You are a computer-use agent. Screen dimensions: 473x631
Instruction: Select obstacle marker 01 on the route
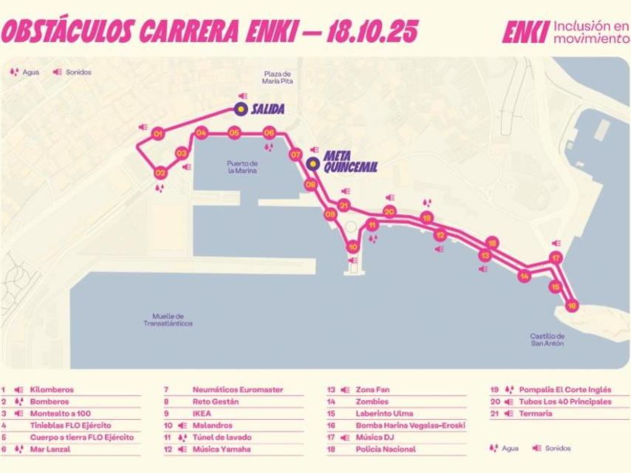157,135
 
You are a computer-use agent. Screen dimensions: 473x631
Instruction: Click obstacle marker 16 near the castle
570,305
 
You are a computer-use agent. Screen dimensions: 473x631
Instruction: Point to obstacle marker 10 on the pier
353,247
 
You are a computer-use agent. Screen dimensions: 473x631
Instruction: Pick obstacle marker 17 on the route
556,258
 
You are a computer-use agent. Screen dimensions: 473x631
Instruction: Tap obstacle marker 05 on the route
234,134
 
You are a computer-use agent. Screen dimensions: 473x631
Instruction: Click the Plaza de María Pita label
278,78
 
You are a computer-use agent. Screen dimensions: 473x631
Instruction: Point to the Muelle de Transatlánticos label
168,320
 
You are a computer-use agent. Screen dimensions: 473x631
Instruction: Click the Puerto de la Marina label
242,167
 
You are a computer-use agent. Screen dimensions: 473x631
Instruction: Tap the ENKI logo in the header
525,31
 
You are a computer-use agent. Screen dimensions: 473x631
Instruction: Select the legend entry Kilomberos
52,389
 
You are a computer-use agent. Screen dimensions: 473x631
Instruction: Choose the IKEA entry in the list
202,413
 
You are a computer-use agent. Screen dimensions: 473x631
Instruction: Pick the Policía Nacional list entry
386,449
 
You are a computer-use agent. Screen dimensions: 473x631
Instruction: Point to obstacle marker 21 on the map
343,205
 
